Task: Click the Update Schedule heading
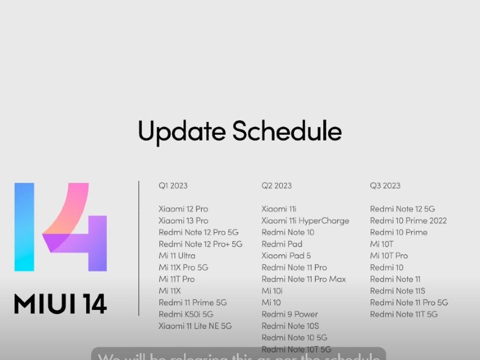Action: click(240, 131)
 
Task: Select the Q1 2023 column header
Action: click(173, 186)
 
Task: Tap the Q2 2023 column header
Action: click(276, 186)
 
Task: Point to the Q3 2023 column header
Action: click(385, 186)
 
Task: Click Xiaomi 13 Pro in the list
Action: click(183, 221)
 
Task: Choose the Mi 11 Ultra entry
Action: click(176, 256)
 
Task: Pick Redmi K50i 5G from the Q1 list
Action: click(185, 314)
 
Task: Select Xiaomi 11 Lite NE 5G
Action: click(195, 326)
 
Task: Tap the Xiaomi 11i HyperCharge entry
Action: click(305, 221)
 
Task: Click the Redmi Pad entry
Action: click(281, 244)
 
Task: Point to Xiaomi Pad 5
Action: click(286, 256)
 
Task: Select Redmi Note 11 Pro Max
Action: click(304, 279)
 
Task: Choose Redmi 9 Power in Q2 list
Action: click(290, 314)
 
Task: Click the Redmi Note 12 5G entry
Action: click(402, 209)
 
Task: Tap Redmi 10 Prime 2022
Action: click(408, 221)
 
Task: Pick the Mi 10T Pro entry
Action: click(388, 256)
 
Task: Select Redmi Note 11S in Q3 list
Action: click(397, 291)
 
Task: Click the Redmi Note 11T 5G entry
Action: click(403, 314)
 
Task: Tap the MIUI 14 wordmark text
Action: click(61, 304)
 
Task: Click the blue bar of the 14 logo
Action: click(24, 227)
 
